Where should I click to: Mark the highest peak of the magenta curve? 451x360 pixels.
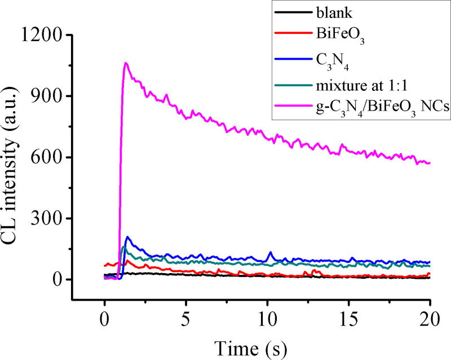pos(126,63)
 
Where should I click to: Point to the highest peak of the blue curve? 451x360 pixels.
pos(127,237)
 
